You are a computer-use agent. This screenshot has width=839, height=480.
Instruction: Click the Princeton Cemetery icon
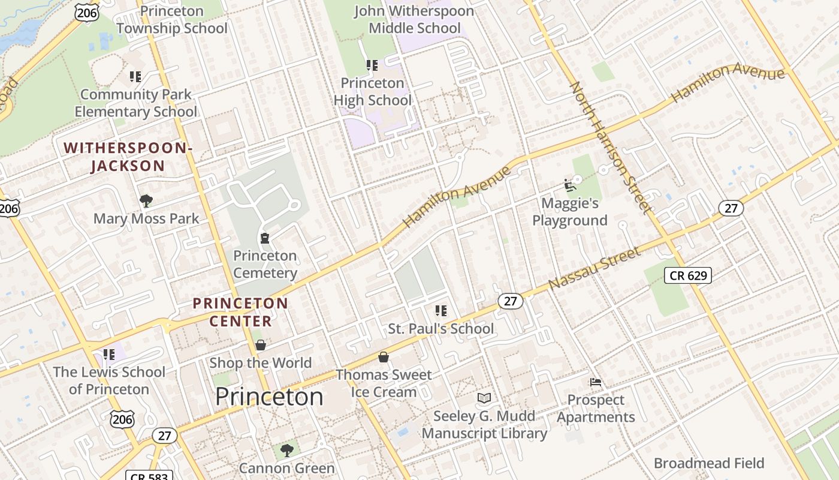click(264, 238)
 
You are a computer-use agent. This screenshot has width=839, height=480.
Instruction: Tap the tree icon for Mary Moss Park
click(146, 200)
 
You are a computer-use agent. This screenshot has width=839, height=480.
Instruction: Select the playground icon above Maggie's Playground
click(569, 186)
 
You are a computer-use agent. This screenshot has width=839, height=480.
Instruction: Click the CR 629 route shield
click(688, 276)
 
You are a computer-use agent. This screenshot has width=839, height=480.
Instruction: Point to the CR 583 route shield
click(149, 476)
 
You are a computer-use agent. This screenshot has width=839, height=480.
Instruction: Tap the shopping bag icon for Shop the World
click(260, 345)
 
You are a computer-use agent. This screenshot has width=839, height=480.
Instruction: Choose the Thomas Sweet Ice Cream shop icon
click(384, 357)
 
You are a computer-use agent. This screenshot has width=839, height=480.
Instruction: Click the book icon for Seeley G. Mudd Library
click(484, 398)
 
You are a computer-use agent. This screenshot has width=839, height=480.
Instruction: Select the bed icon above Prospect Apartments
click(595, 382)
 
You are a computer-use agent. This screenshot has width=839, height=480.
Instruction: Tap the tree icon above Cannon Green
click(287, 449)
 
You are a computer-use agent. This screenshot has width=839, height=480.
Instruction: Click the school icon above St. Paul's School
click(441, 310)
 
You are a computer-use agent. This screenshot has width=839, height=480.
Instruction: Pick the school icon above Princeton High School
click(372, 65)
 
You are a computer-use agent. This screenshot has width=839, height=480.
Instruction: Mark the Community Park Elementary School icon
click(135, 76)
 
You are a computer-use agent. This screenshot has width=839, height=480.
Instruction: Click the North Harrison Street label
click(610, 148)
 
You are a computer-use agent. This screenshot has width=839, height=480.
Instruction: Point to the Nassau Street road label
click(594, 268)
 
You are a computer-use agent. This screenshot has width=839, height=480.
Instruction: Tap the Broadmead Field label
click(709, 463)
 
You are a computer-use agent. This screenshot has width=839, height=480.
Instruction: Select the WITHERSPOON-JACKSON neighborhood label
click(128, 157)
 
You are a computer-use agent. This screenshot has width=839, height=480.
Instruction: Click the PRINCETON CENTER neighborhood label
click(240, 312)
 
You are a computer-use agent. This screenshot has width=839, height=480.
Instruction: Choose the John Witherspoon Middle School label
click(414, 19)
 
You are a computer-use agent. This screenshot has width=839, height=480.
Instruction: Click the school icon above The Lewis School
click(109, 354)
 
